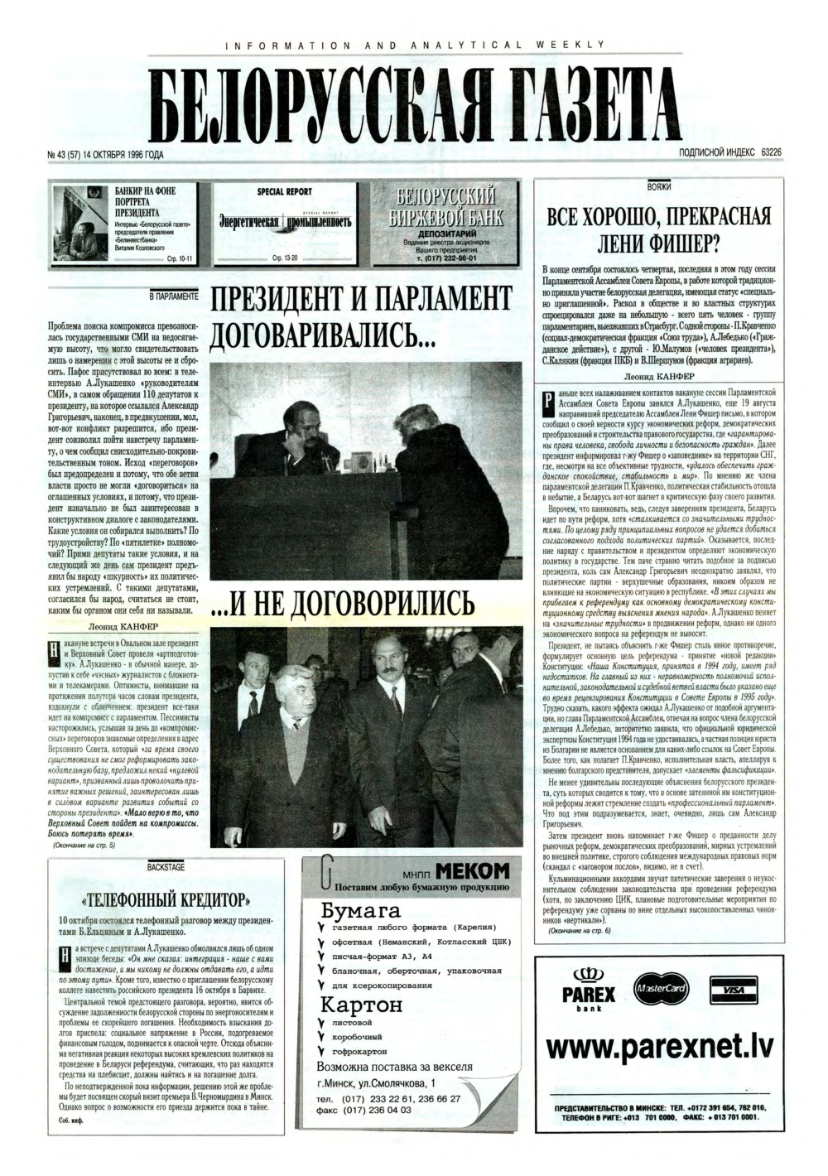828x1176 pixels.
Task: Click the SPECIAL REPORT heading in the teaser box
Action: click(284, 191)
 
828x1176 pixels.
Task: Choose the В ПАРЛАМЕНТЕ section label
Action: click(173, 294)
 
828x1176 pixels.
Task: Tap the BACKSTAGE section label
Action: click(166, 866)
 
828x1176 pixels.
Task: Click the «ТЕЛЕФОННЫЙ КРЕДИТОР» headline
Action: click(166, 900)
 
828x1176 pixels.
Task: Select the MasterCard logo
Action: click(659, 988)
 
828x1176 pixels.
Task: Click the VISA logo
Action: click(733, 990)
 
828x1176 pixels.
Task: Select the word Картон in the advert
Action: click(361, 1005)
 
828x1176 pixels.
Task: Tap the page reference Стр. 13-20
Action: click(284, 258)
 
